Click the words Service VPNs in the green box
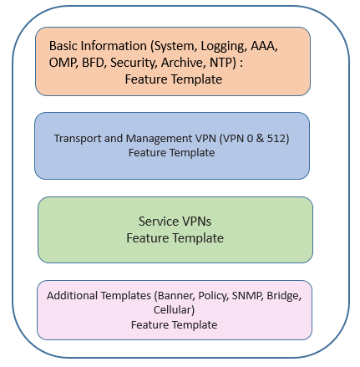point(175,222)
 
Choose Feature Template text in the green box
point(175,238)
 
